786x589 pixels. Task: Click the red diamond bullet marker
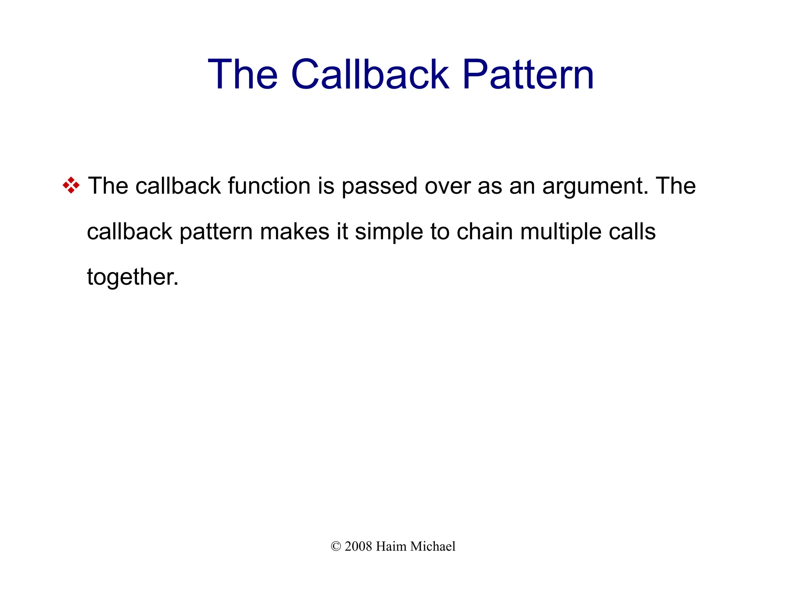coord(71,185)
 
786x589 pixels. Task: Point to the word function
coord(269,186)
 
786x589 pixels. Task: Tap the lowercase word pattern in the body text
coord(216,233)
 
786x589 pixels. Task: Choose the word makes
coord(295,232)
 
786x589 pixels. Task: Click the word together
coord(132,277)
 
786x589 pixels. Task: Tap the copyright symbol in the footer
coord(336,546)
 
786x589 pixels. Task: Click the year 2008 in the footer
coord(358,546)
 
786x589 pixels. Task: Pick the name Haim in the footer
coord(391,546)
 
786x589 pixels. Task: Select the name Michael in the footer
coord(433,546)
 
